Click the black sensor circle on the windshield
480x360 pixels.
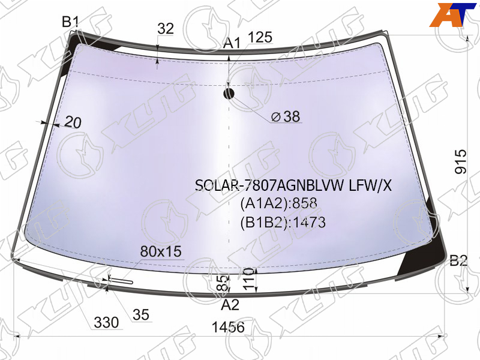pos(229,94)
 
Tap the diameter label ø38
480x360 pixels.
pos(286,116)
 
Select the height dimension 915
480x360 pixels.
pos(461,162)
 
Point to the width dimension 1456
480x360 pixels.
pos(229,327)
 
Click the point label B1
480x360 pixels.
pos(70,22)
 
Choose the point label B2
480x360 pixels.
pos(458,261)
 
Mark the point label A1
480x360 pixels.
pos(232,43)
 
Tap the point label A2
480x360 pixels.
pos(230,305)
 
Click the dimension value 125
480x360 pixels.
pos(260,37)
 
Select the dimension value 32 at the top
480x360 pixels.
pos(166,28)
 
